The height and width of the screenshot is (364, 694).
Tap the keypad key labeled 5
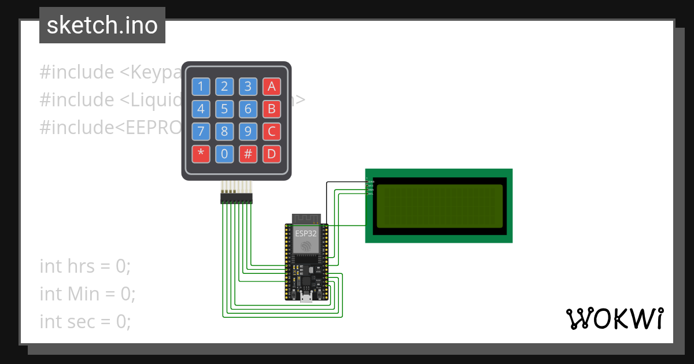(x=224, y=109)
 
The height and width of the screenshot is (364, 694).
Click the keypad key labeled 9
(x=248, y=131)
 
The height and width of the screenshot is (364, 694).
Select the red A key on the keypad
(x=271, y=87)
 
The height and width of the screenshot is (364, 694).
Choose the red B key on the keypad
(x=271, y=109)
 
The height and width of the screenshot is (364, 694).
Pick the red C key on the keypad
(x=271, y=131)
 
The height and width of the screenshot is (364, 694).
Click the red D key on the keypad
(x=271, y=154)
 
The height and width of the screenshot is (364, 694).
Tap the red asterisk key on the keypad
(x=200, y=154)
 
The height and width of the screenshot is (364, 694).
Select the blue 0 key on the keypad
(x=224, y=154)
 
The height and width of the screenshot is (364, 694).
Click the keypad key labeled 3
(x=248, y=87)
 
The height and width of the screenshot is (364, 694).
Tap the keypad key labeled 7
(x=200, y=131)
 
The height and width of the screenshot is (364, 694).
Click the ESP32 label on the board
(x=306, y=234)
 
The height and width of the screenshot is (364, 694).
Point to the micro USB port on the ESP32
(x=306, y=297)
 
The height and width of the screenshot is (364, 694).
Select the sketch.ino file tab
(x=102, y=25)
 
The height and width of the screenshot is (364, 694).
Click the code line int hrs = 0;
(x=85, y=266)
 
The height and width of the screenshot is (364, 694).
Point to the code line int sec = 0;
(x=85, y=321)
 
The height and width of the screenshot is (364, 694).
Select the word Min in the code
(x=83, y=294)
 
